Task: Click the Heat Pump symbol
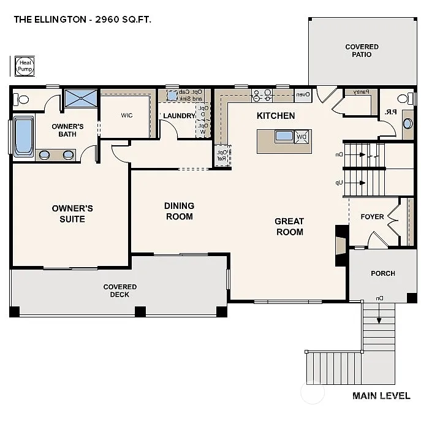(25, 66)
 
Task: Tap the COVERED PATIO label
(362, 50)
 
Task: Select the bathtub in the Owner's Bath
(23, 136)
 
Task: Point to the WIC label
(127, 115)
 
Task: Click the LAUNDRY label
(179, 115)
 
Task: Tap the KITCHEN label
(276, 116)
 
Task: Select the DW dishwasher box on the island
(302, 137)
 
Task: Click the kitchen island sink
(284, 136)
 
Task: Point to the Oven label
(303, 95)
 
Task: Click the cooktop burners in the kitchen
(262, 95)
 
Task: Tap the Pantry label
(361, 92)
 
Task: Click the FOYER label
(372, 217)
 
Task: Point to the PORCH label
(383, 273)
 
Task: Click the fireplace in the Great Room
(340, 245)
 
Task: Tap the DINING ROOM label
(179, 211)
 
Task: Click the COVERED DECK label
(120, 290)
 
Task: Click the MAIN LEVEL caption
(381, 396)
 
